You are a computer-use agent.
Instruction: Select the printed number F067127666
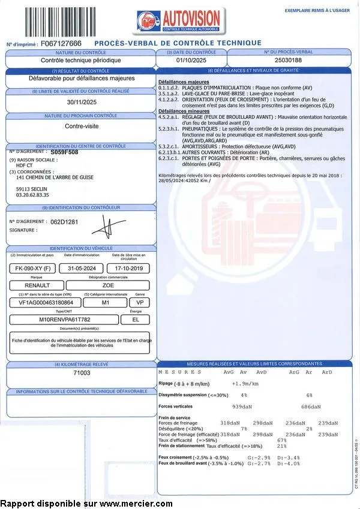coord(61,44)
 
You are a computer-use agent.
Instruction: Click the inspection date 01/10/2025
coord(191,61)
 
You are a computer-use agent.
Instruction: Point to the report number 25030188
coord(289,61)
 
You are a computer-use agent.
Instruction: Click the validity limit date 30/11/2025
coord(82,102)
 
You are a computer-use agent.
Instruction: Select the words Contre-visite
coord(82,127)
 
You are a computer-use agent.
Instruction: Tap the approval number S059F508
coord(65,152)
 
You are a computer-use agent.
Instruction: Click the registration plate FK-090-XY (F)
coord(34,268)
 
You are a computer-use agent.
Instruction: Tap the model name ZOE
coord(108,285)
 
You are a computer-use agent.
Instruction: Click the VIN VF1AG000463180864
coord(41,303)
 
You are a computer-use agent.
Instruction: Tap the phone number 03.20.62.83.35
coord(33,195)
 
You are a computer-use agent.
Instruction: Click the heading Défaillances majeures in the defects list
coord(184,82)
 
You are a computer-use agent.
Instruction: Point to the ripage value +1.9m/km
coord(246,383)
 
